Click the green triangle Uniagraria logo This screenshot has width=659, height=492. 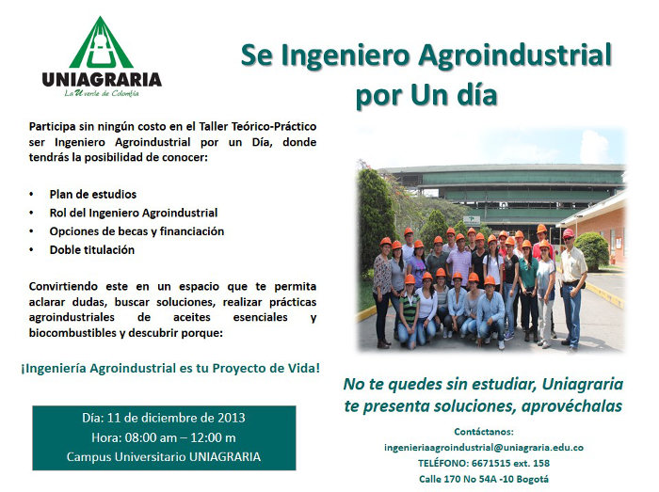(x=101, y=42)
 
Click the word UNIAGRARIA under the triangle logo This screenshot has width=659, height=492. (x=102, y=79)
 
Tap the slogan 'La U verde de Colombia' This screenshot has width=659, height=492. (x=102, y=93)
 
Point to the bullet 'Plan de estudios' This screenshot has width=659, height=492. (x=93, y=195)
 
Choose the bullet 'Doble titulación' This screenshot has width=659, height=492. (x=92, y=250)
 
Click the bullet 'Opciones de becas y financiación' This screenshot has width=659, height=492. (x=137, y=231)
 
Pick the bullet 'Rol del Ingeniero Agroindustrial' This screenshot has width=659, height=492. (x=134, y=213)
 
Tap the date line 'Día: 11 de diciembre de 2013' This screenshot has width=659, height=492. (x=164, y=418)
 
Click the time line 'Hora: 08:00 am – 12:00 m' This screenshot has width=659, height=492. (x=164, y=437)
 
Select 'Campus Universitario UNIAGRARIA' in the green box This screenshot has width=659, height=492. (x=164, y=457)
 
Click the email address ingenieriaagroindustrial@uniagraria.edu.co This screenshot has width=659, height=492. (x=484, y=448)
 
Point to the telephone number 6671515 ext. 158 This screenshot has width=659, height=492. (x=510, y=463)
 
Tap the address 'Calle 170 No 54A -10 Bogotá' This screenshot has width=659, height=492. (x=484, y=479)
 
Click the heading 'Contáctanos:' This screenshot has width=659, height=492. (x=484, y=432)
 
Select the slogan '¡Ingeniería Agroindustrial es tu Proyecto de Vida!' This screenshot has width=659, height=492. (x=170, y=368)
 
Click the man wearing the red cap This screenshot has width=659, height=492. (x=572, y=289)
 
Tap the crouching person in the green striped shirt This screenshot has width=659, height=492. (x=408, y=311)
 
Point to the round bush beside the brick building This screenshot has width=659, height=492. (x=592, y=250)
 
